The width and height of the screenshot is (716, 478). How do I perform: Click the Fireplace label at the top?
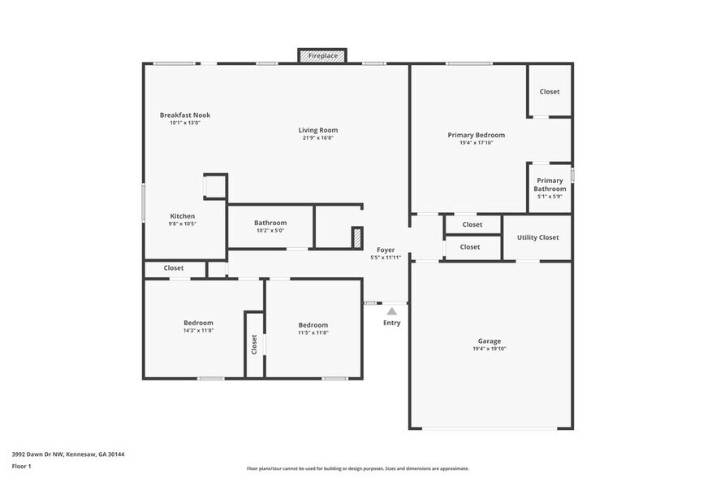click(323, 56)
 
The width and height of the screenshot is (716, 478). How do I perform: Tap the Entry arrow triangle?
click(391, 311)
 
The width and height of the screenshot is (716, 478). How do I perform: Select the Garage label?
click(489, 341)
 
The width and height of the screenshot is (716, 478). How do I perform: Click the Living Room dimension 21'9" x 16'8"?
click(317, 138)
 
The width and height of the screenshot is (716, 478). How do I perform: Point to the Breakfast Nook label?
click(184, 115)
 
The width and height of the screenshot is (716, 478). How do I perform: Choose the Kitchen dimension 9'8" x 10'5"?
click(182, 224)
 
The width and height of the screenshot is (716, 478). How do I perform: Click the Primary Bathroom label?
click(550, 185)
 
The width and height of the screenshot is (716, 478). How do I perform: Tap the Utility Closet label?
click(537, 237)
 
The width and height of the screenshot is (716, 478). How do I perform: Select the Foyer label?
click(386, 250)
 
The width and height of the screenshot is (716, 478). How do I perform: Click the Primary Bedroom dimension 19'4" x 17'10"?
click(476, 143)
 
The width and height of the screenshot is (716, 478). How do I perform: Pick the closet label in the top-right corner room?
click(550, 92)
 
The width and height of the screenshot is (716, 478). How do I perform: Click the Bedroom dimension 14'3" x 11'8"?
click(198, 331)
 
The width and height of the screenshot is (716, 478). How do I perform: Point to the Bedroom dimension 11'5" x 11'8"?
click(313, 332)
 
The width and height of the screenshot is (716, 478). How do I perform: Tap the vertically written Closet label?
click(254, 345)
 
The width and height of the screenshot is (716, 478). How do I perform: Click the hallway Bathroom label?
click(270, 223)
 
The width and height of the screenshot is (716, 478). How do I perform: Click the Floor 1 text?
click(21, 466)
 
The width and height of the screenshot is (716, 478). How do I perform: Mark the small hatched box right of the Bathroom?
click(356, 237)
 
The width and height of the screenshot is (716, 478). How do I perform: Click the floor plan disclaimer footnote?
click(357, 468)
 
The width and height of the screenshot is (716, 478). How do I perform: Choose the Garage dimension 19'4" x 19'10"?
click(489, 349)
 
